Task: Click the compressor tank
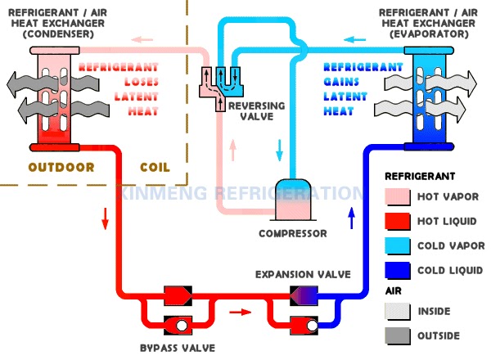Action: [293, 200]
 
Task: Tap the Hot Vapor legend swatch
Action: [398, 196]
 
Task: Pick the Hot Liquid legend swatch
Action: [398, 222]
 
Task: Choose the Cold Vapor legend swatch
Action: [398, 245]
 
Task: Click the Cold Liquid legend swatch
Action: [398, 271]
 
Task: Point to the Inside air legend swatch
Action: [398, 312]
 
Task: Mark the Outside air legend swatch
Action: [398, 336]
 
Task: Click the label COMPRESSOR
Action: [293, 233]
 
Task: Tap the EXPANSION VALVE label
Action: [303, 275]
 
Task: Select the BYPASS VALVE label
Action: [178, 348]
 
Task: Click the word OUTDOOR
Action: [61, 167]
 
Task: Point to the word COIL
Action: [155, 167]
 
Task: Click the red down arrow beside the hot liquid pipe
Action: [106, 218]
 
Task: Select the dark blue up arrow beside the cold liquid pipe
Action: [352, 218]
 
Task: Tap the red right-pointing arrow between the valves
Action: [240, 312]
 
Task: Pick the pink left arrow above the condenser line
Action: [142, 40]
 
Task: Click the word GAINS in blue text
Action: [341, 82]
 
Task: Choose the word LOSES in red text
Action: [142, 82]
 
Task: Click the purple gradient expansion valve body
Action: [304, 295]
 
